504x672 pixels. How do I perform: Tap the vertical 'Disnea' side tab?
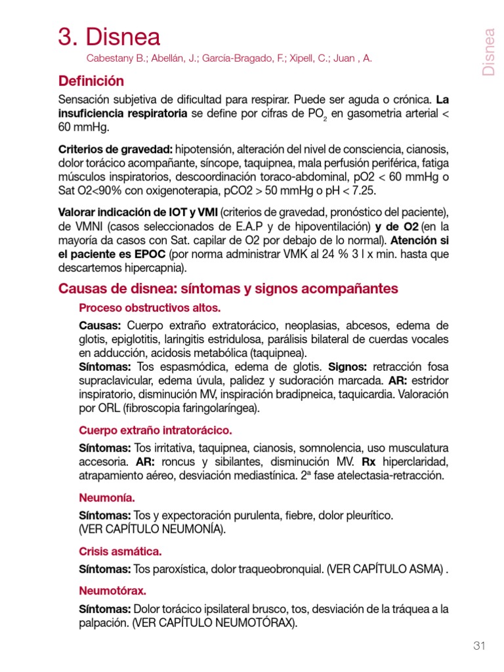pyautogui.click(x=488, y=52)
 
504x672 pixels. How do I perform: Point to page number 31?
pyautogui.click(x=478, y=646)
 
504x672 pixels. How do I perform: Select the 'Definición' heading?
pyautogui.click(x=91, y=81)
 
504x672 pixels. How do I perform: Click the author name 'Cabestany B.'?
pyautogui.click(x=115, y=58)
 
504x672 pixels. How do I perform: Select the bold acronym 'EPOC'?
pyautogui.click(x=148, y=253)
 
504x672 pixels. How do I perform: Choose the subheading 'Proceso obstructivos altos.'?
pyautogui.click(x=150, y=308)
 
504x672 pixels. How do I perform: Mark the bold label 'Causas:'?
pyautogui.click(x=100, y=325)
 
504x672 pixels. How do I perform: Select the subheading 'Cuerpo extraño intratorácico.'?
pyautogui.click(x=155, y=430)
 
